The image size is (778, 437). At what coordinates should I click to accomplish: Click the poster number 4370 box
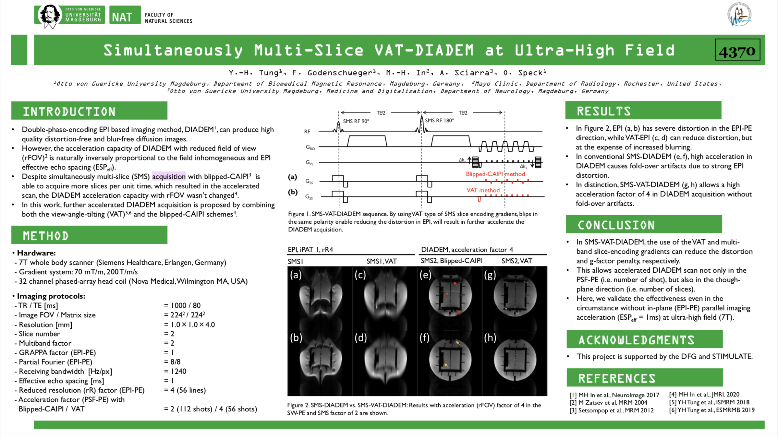click(737, 50)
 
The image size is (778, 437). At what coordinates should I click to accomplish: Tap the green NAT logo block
click(125, 15)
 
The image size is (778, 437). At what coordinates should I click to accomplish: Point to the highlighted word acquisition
click(169, 176)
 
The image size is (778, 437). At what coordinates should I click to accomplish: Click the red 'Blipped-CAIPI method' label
click(495, 174)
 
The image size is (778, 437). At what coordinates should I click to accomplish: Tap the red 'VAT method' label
click(483, 190)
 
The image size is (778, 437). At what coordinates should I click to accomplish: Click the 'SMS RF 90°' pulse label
click(356, 121)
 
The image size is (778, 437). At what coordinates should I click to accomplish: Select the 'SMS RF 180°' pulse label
click(439, 121)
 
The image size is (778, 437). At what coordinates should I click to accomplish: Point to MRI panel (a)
click(320, 298)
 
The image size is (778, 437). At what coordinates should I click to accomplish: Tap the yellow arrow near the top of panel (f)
click(458, 343)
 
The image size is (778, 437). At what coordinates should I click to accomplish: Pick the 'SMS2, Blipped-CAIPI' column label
click(451, 261)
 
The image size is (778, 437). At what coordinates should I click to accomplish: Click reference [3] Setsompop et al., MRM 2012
click(612, 410)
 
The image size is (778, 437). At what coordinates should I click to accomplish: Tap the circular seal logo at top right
click(739, 15)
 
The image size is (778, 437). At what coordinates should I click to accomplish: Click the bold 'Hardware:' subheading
click(36, 253)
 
